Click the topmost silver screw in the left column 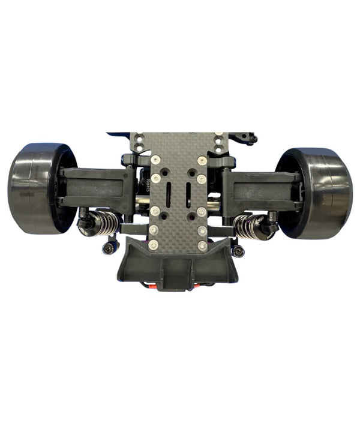pos(156,160)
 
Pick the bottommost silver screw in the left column pos(154,244)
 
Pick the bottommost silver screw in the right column pos(203,245)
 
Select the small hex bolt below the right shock pos(239,251)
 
